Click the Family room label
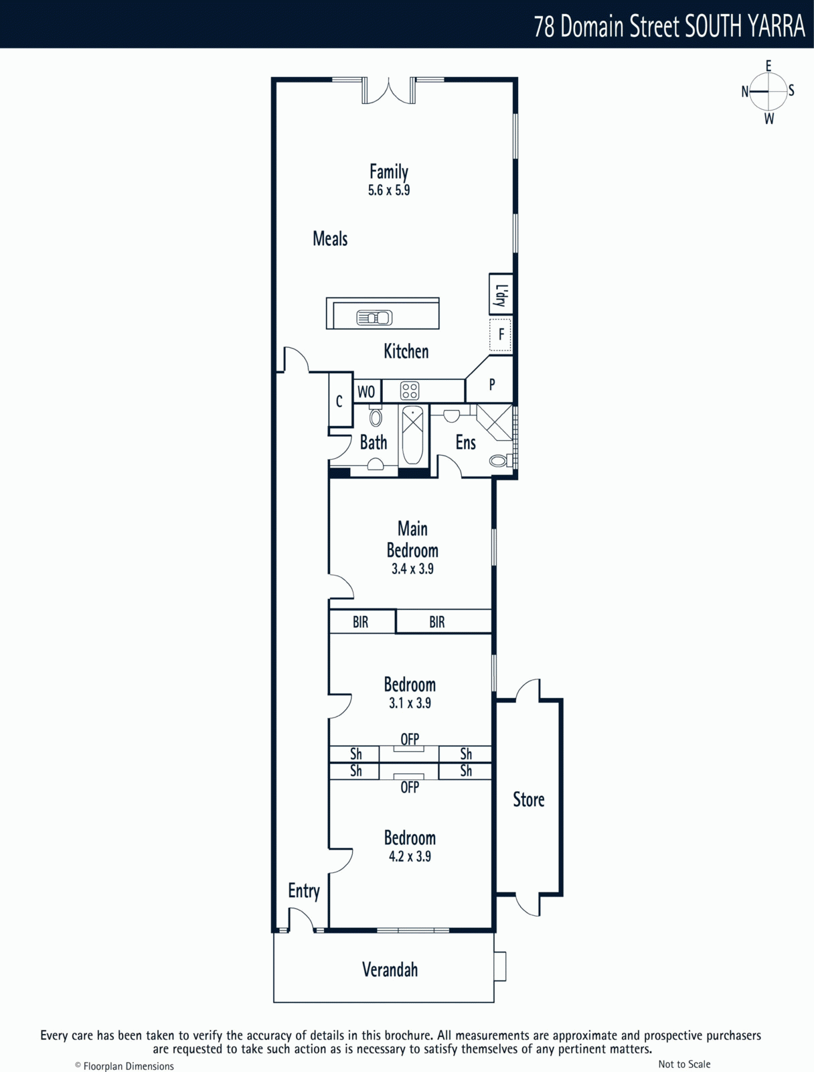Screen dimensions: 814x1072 point(389,172)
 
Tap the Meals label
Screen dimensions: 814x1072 point(330,239)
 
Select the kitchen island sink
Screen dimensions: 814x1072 point(375,318)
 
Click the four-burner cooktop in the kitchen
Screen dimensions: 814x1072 point(410,391)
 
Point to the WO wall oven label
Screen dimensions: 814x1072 point(366,391)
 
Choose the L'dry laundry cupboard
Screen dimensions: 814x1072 point(501,294)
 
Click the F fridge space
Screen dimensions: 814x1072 point(501,334)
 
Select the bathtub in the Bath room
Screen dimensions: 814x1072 point(412,435)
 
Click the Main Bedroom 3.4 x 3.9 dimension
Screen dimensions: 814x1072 point(412,568)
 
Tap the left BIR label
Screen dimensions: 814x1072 point(360,622)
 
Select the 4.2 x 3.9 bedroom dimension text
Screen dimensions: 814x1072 point(410,856)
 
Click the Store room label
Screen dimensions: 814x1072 point(529,799)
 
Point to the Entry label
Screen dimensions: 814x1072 point(304,891)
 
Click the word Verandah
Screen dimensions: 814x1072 point(390,969)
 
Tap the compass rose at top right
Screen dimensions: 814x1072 point(768,92)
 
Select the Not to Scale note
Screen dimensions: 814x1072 point(684,1064)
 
